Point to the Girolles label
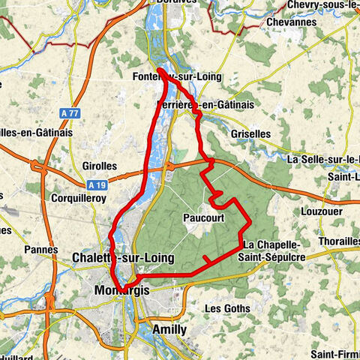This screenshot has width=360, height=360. [x=100, y=166]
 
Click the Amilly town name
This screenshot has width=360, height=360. [x=169, y=329]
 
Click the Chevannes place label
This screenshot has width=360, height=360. [x=291, y=22]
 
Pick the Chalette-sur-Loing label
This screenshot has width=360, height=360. [x=123, y=258]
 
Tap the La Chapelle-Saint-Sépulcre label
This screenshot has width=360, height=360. [x=274, y=251]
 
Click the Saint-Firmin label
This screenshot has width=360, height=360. [x=334, y=354]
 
